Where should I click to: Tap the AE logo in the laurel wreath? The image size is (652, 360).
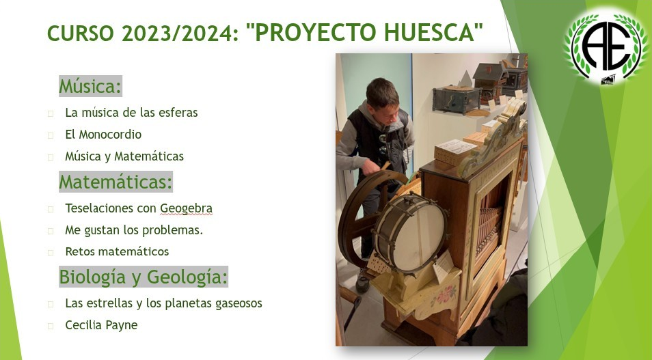(x=606, y=46)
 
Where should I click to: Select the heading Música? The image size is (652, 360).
(x=90, y=87)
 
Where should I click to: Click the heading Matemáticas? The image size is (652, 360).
(x=116, y=182)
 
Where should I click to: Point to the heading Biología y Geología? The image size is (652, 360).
(x=144, y=277)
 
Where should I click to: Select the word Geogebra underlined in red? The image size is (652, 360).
(x=187, y=208)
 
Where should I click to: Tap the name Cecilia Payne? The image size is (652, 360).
(x=101, y=325)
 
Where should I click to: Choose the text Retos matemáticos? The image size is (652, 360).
(x=118, y=251)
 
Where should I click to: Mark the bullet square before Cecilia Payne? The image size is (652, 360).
(x=51, y=326)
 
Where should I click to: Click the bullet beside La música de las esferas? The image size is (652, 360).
(x=51, y=113)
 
